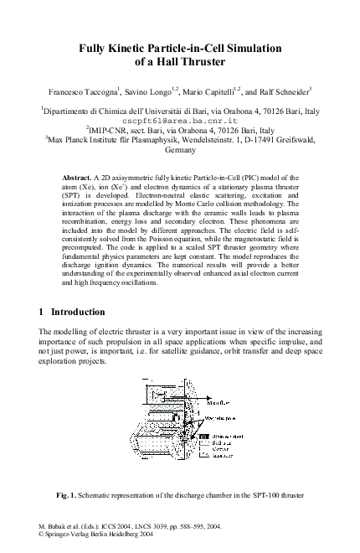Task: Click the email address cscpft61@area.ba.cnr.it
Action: (x=180, y=120)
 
